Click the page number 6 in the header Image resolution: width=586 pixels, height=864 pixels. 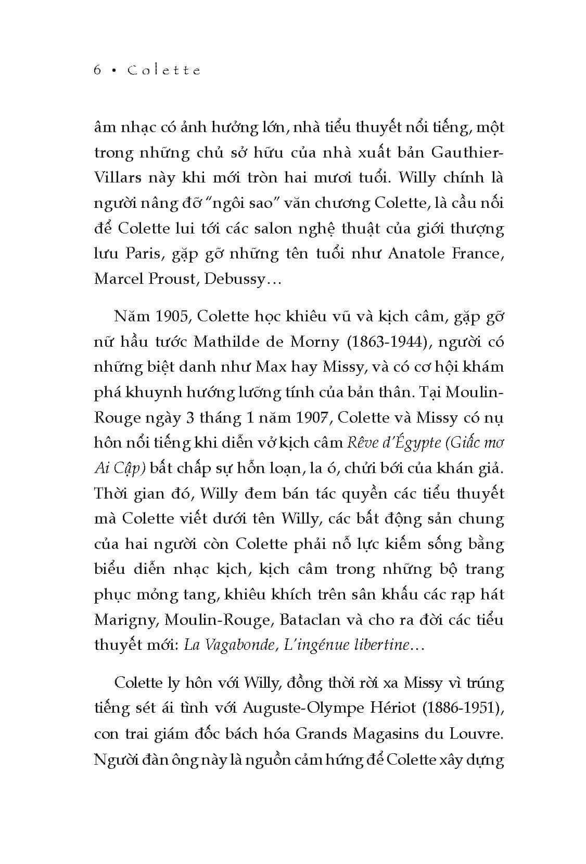click(97, 70)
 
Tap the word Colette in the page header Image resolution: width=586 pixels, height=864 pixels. click(164, 70)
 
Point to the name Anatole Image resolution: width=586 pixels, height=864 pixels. click(416, 253)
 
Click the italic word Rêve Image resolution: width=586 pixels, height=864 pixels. click(362, 442)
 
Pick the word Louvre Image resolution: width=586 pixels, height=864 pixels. click(474, 733)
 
